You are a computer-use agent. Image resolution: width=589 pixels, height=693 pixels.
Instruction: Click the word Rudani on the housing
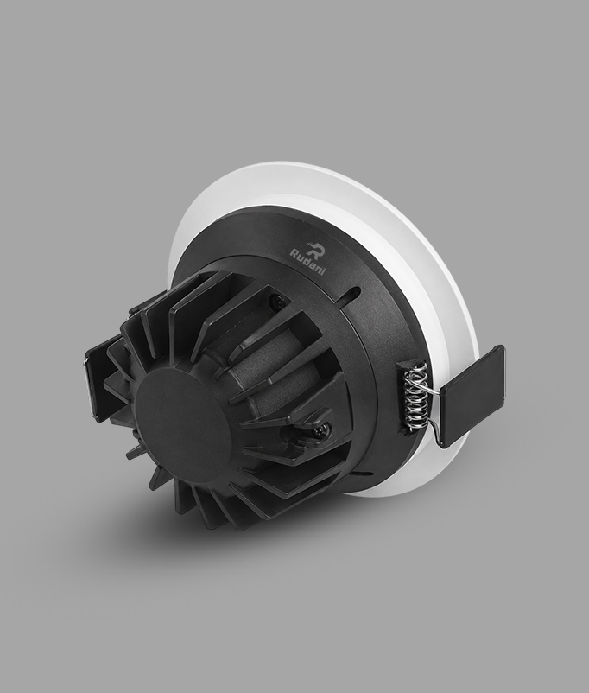pyautogui.click(x=307, y=262)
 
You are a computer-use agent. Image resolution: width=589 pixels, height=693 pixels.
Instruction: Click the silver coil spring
pyautogui.click(x=415, y=396)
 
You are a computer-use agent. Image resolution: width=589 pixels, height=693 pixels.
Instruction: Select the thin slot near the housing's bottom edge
pyautogui.click(x=363, y=474)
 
